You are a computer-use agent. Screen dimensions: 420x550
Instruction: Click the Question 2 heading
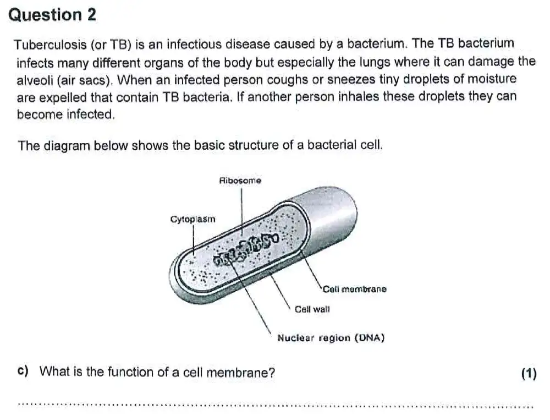pos(53,15)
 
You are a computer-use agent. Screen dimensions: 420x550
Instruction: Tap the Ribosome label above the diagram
pos(240,181)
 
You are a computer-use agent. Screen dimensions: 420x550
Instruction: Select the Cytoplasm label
pos(193,219)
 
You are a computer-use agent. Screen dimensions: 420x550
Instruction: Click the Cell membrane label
pos(355,289)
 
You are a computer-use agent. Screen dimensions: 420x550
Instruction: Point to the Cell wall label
pos(312,309)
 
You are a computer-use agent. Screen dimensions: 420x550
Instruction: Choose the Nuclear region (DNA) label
pos(331,338)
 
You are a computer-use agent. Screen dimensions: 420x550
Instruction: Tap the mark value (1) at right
pos(528,374)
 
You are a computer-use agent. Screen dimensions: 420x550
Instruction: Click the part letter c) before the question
pos(23,372)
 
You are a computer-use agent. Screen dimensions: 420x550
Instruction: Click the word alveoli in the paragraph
pos(34,79)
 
